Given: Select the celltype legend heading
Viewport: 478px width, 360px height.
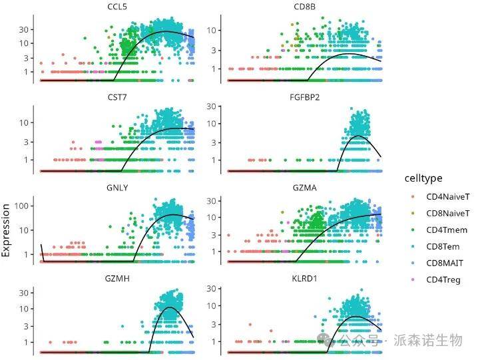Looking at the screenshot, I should (x=423, y=178).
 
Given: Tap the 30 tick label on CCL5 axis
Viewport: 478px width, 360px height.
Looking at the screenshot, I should (x=26, y=29).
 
